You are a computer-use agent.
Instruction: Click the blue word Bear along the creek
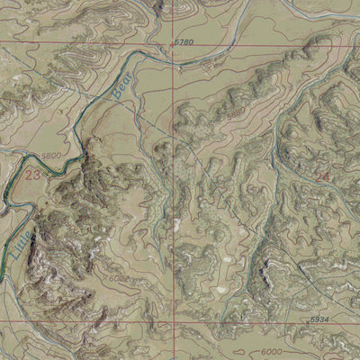click(x=120, y=84)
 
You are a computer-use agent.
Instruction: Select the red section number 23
click(x=34, y=172)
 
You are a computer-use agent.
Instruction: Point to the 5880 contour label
click(x=210, y=114)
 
